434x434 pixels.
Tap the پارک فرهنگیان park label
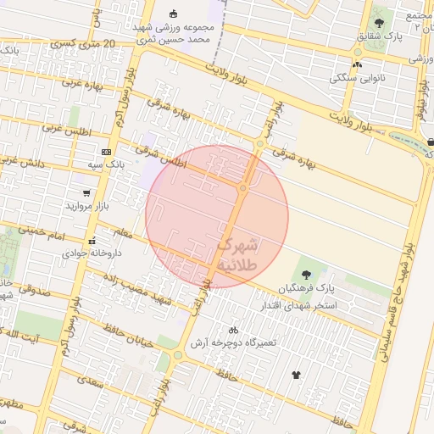click(x=303, y=287)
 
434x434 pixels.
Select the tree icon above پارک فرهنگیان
click(x=305, y=273)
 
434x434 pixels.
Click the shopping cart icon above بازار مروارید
click(x=86, y=193)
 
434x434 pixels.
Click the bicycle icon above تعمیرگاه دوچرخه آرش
click(x=233, y=329)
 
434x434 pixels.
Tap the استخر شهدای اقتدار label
click(x=303, y=304)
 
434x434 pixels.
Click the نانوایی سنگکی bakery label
click(x=353, y=77)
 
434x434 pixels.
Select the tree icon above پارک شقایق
click(x=378, y=23)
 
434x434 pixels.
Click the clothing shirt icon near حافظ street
click(x=296, y=375)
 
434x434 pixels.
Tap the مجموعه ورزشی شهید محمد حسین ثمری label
click(x=175, y=33)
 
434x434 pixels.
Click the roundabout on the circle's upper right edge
click(x=259, y=144)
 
